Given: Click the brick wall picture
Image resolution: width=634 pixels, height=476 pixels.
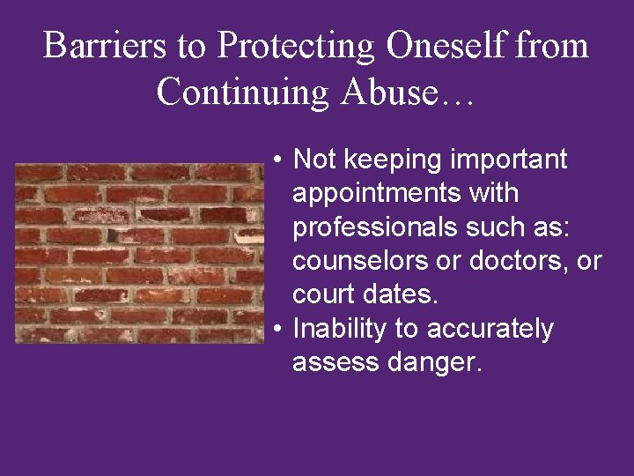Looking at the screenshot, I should point(138,253).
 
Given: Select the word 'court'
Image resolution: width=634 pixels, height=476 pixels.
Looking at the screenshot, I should point(323,294).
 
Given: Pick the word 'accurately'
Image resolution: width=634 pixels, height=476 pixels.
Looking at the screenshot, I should point(490,329).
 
